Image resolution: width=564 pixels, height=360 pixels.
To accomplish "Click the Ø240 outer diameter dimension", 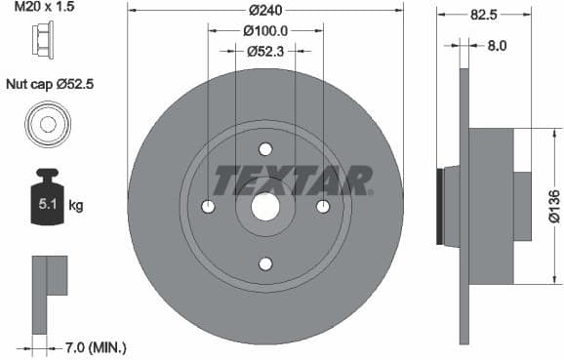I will (x=265, y=12).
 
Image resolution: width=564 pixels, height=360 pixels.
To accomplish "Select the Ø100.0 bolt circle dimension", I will (x=265, y=31).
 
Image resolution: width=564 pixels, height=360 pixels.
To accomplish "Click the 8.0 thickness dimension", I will (x=497, y=44).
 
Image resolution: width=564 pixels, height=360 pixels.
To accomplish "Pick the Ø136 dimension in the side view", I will (x=553, y=207).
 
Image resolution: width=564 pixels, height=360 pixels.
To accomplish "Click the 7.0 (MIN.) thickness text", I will (x=95, y=346).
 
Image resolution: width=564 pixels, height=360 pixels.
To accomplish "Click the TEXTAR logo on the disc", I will (x=293, y=180).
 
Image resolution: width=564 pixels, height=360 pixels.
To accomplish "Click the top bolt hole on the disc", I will (x=265, y=149).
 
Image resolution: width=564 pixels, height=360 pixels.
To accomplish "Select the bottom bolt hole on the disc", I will (x=265, y=263).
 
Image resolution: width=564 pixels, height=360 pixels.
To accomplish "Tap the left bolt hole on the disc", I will (x=208, y=207).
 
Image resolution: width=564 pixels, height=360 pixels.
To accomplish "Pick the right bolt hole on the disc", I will (x=323, y=207).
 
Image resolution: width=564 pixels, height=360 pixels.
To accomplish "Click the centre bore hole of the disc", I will (x=265, y=207).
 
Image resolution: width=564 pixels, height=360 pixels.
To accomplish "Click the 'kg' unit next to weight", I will (x=75, y=207).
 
